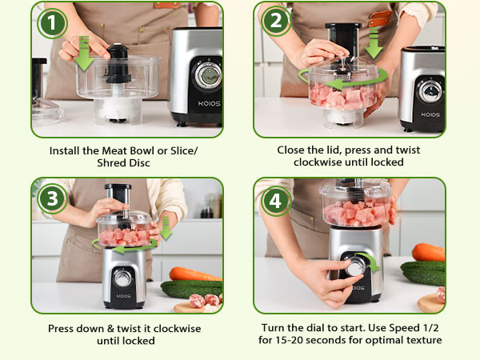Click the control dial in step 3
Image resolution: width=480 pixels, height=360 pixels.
click(123, 278)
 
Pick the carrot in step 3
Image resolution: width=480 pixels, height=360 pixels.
click(195, 274)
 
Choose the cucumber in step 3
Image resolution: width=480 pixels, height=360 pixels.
click(192, 289)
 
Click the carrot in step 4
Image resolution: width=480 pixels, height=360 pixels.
click(428, 253)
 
